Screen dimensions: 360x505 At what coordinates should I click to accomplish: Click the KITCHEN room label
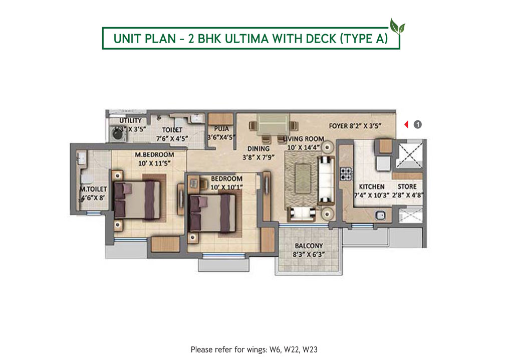pyautogui.click(x=371, y=187)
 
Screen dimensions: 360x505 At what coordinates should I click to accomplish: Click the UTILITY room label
pyautogui.click(x=130, y=121)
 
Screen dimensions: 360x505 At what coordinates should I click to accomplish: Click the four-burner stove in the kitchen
pyautogui.click(x=346, y=173)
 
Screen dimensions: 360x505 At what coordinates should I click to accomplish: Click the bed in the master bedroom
pyautogui.click(x=137, y=199)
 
